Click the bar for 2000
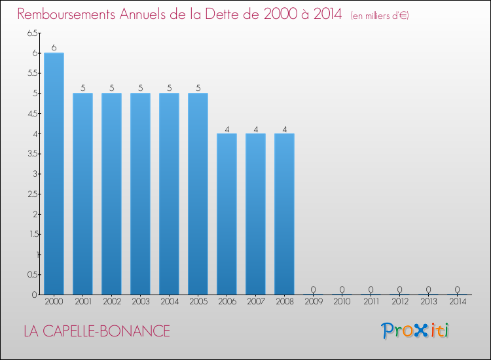pyautogui.click(x=54, y=173)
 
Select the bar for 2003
pyautogui.click(x=140, y=194)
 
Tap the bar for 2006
pyautogui.click(x=227, y=214)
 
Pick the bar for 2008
pyautogui.click(x=284, y=214)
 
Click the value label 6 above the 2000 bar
pyautogui.click(x=54, y=48)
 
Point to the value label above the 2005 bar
pyautogui.click(x=198, y=88)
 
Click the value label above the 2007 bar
pyautogui.click(x=255, y=128)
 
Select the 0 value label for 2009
pyautogui.click(x=313, y=289)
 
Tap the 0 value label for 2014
pyautogui.click(x=457, y=289)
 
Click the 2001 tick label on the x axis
pyautogui.click(x=82, y=302)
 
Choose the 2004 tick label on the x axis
pyautogui.click(x=169, y=302)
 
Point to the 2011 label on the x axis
pyautogui.click(x=371, y=302)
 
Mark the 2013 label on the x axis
pyautogui.click(x=428, y=302)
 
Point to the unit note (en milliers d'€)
pyautogui.click(x=380, y=16)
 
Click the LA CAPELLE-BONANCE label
pyautogui.click(x=96, y=331)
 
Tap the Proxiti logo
pyautogui.click(x=416, y=331)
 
